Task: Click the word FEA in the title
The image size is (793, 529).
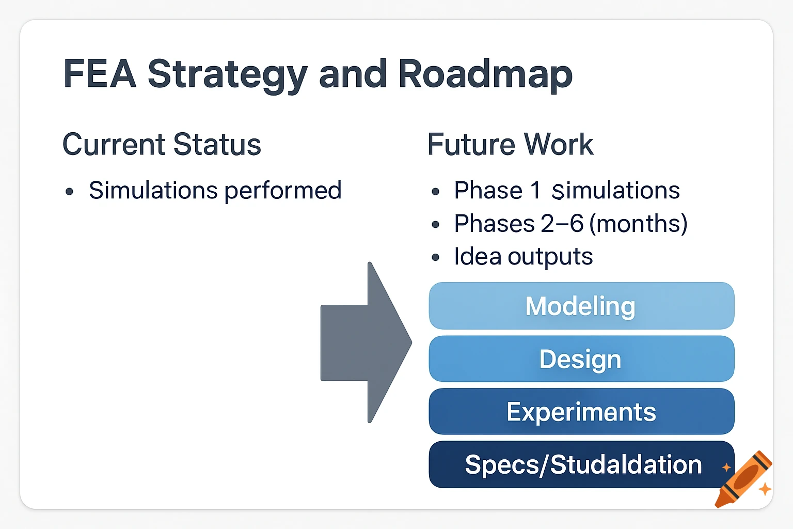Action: pos(99,74)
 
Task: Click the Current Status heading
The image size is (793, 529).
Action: pos(162,144)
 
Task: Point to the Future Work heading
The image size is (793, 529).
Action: pos(510,144)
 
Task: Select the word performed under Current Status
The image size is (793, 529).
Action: pos(283,191)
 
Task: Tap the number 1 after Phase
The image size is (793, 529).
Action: pos(535,190)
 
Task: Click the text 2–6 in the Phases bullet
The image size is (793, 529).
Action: pos(562,224)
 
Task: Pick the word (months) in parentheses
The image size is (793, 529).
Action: pos(638,224)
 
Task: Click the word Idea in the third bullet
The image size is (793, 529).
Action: pos(478,256)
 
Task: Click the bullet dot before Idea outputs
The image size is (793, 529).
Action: pos(436,257)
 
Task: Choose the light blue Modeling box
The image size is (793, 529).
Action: pos(581,306)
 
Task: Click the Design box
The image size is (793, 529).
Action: pos(581,359)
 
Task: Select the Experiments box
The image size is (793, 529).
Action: pos(581,412)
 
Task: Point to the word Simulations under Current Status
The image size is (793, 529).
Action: pos(153,191)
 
